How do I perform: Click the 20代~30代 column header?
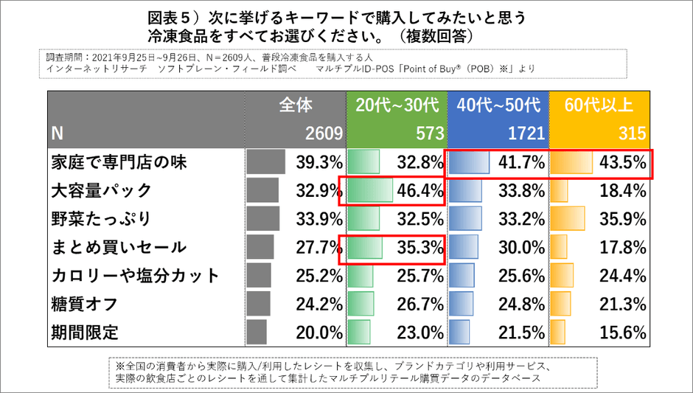pos(396,105)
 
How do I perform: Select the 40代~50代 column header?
pos(498,105)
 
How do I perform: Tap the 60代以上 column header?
pos(599,105)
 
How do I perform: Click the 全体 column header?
pos(296,105)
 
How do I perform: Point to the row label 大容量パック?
pos(102,190)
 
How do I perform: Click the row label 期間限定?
pos(85,332)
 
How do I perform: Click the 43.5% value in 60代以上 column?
pos(623,162)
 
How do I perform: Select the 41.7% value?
pos(521,162)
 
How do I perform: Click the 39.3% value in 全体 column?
pos(318,162)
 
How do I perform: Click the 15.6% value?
pos(623,332)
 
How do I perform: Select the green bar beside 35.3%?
pos(365,247)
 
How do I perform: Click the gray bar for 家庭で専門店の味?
pos(266,162)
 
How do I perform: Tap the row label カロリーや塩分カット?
pos(136,275)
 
